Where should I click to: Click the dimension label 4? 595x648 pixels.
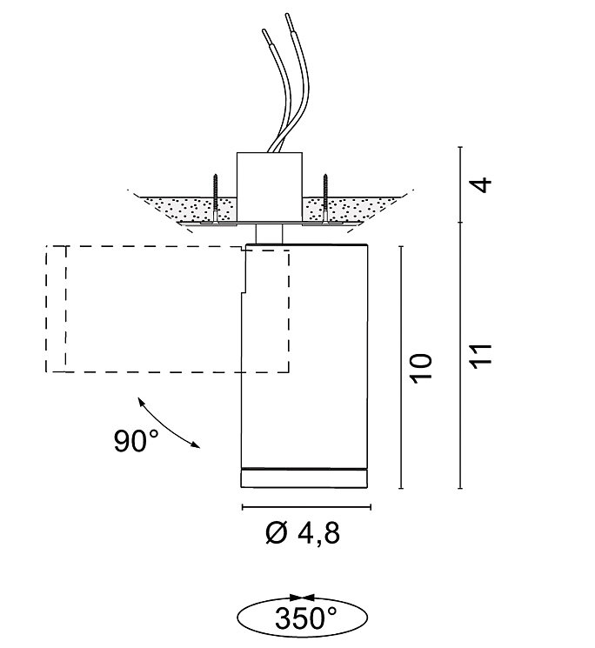pyautogui.click(x=485, y=184)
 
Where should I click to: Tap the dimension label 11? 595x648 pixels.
pyautogui.click(x=485, y=354)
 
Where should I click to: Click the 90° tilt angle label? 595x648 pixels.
pyautogui.click(x=136, y=442)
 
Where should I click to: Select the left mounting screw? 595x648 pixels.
pyautogui.click(x=215, y=197)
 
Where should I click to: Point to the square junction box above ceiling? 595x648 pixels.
pyautogui.click(x=270, y=184)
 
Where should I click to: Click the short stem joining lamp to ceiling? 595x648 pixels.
pyautogui.click(x=270, y=233)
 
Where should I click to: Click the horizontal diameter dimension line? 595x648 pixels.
pyautogui.click(x=304, y=506)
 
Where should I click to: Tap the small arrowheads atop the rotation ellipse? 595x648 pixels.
pyautogui.click(x=303, y=598)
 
